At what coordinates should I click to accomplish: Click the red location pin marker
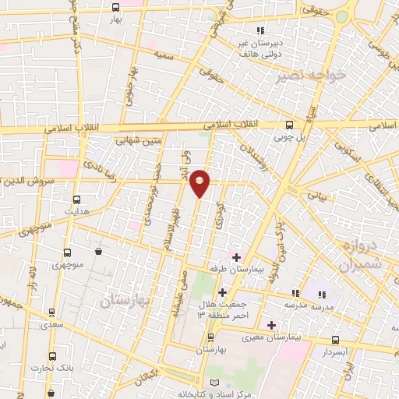pos(201,182)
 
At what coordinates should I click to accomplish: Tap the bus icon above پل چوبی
pos(290,124)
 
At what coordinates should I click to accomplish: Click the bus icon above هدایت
pos(76,198)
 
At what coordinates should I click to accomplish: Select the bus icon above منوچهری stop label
pos(67,252)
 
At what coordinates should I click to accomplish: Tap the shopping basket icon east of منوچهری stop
pos(98,251)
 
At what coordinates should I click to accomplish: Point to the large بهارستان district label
pos(125,298)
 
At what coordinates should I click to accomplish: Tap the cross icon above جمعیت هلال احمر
pos(222,291)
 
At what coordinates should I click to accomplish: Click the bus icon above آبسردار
pos(336,340)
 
